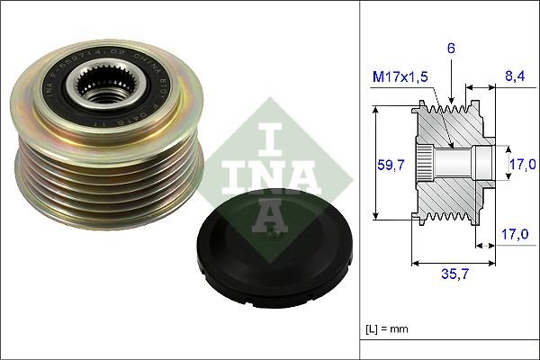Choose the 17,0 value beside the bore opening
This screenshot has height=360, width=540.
pyautogui.click(x=522, y=164)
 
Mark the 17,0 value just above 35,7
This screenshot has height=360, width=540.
pyautogui.click(x=514, y=234)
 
